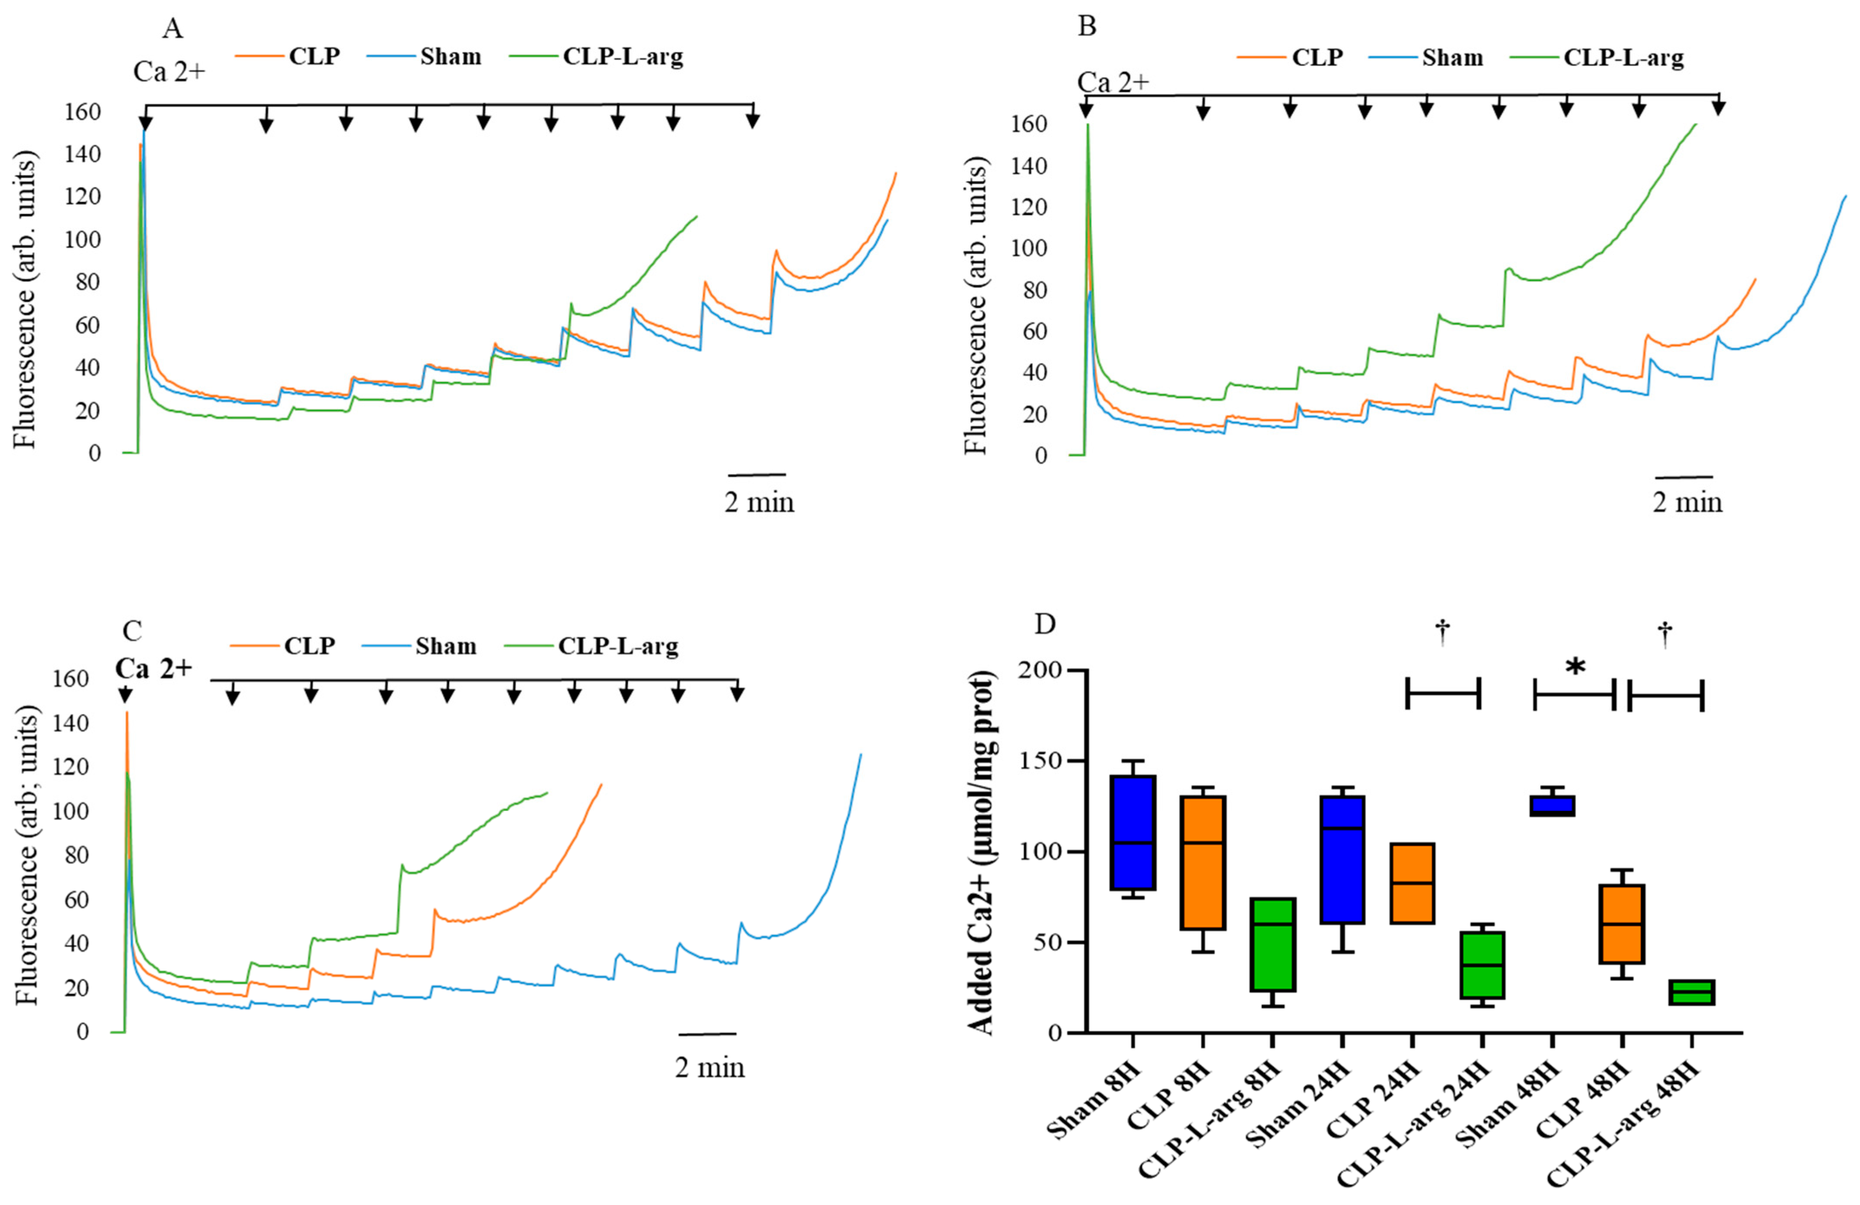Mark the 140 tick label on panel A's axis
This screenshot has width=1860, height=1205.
tap(84, 154)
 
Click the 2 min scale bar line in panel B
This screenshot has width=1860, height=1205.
tap(1684, 476)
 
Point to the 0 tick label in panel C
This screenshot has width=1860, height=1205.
tap(82, 1032)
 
